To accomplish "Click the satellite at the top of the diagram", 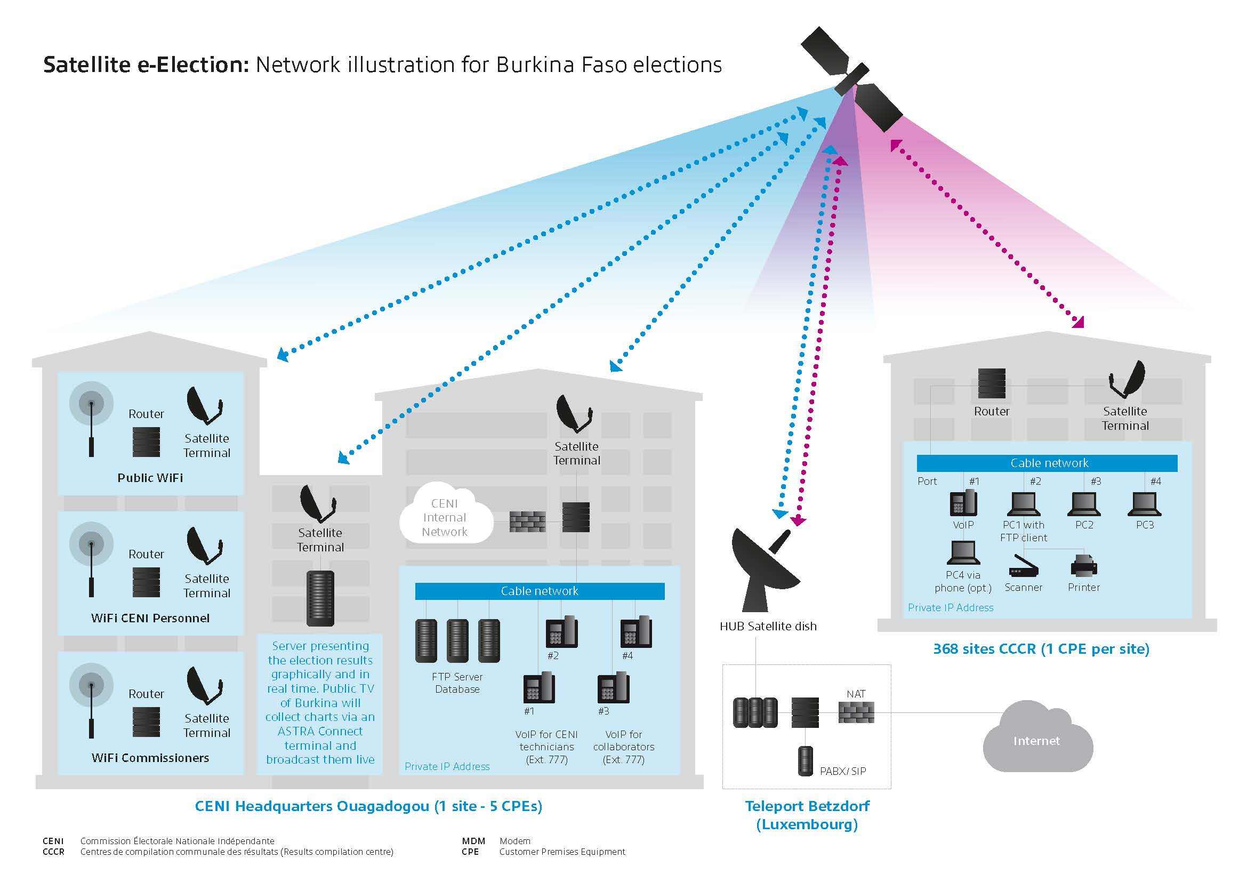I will [x=851, y=81].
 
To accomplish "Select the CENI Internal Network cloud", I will [x=445, y=517].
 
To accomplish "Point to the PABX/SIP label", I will [x=842, y=771].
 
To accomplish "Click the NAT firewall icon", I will [x=856, y=712].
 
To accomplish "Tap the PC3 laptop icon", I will [x=1144, y=504].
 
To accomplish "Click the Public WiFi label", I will [x=150, y=478].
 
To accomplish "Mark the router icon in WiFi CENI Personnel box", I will [x=146, y=582].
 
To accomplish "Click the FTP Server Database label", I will [x=457, y=683].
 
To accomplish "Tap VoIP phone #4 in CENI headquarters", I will [x=636, y=631].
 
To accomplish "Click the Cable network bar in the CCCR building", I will [x=1047, y=463].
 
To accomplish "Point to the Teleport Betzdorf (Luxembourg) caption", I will [x=807, y=815].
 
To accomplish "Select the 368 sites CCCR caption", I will [x=1041, y=649].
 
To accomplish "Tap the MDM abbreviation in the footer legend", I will [x=473, y=841].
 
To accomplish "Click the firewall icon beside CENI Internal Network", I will [x=527, y=522].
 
